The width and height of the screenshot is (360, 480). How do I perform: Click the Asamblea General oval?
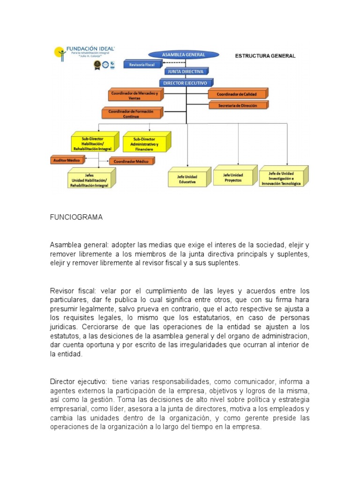click(x=184, y=55)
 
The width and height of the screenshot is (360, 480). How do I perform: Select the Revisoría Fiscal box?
click(x=142, y=65)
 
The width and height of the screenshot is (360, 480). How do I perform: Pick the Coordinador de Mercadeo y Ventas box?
click(x=134, y=96)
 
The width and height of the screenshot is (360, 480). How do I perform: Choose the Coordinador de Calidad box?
click(x=238, y=94)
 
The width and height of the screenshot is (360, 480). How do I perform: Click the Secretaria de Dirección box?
click(x=238, y=106)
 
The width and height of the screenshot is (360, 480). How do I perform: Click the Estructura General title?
click(x=265, y=56)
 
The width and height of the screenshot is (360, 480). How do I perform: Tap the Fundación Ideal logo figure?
click(x=60, y=52)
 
